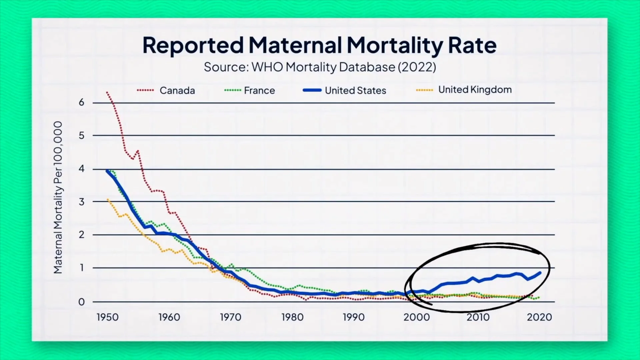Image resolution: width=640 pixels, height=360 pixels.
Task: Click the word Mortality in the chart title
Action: click(x=395, y=45)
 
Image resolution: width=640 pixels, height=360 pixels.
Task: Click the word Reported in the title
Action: click(x=193, y=45)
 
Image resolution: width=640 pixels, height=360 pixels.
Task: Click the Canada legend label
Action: click(x=177, y=90)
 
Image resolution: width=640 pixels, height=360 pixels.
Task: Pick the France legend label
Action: click(x=259, y=90)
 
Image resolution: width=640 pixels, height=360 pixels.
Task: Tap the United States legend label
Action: click(x=355, y=90)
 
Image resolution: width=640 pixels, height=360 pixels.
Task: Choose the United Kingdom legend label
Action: click(x=475, y=89)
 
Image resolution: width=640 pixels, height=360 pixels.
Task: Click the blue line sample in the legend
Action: click(x=312, y=90)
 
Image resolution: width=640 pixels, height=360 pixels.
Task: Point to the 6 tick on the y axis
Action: click(x=81, y=102)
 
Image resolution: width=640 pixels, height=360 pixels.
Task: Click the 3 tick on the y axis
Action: click(x=81, y=202)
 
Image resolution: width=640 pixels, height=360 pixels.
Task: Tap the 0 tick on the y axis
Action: click(x=81, y=302)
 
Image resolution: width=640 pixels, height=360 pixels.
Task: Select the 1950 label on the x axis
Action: click(x=107, y=317)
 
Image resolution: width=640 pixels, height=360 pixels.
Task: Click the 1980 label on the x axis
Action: click(x=292, y=317)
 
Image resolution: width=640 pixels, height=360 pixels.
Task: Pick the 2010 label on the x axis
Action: click(x=478, y=317)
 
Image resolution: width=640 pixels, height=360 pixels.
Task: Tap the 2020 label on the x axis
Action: click(x=539, y=317)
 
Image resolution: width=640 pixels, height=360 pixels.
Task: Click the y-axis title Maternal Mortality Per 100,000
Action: click(x=58, y=197)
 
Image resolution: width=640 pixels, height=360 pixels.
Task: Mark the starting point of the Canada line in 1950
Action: click(x=107, y=92)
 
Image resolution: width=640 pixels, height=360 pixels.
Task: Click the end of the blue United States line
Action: click(x=540, y=273)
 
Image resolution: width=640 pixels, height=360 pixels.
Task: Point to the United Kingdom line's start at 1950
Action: click(x=107, y=199)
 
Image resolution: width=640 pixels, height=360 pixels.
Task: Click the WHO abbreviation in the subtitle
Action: click(x=267, y=67)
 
